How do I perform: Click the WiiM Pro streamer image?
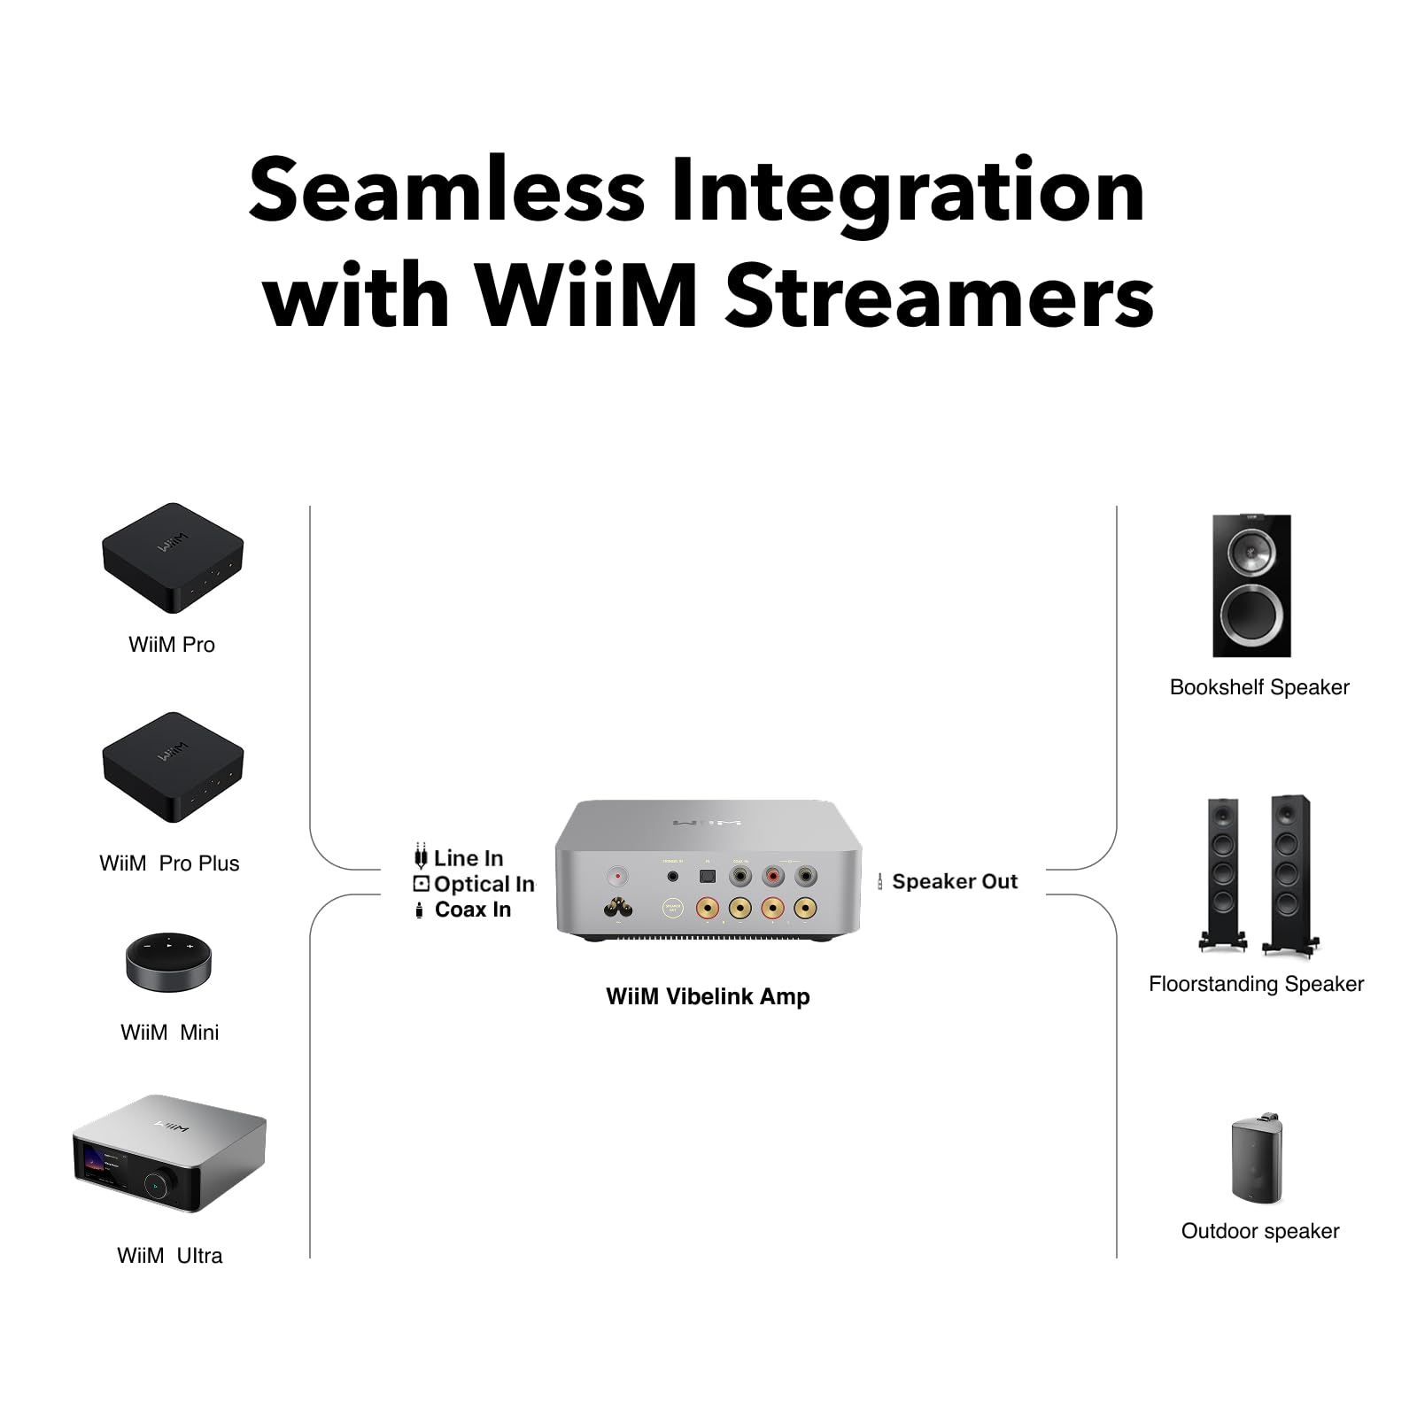pos(173,559)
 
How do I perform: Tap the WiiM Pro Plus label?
pos(169,863)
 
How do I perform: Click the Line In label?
pos(468,858)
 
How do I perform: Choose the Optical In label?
pos(483,884)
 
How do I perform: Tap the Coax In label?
pos(472,910)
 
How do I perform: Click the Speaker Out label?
pos(954,881)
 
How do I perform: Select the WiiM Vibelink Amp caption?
pos(708,996)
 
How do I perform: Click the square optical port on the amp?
pos(707,876)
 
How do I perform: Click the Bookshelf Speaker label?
pos(1258,687)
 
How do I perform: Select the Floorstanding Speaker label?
pos(1256,984)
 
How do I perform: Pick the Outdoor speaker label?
pos(1259,1231)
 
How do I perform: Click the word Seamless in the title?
pos(446,191)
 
